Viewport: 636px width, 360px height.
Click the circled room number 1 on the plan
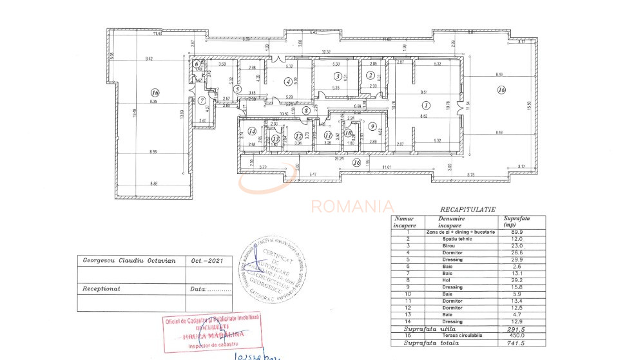pos(425,104)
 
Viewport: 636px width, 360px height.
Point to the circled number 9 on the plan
pos(372,126)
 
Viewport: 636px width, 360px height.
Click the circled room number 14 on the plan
pos(252,131)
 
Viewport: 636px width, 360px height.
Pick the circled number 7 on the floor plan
pos(202,100)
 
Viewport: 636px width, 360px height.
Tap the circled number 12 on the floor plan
pos(298,136)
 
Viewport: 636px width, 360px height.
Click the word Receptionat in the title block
pos(102,289)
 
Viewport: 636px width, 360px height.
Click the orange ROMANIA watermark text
pos(352,206)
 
